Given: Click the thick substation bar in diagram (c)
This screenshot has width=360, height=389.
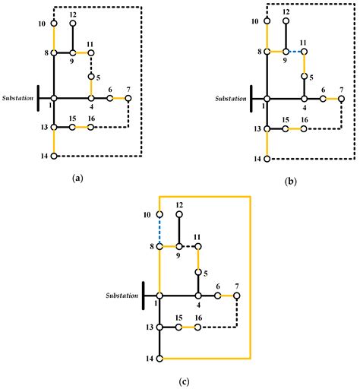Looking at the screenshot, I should [144, 295].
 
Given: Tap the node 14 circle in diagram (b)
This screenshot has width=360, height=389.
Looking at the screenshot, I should [267, 158].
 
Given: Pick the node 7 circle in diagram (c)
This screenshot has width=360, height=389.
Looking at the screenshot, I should [236, 296].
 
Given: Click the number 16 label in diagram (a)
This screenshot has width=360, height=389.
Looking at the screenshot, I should [90, 119].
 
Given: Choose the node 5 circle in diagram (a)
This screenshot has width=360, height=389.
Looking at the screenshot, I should [91, 76].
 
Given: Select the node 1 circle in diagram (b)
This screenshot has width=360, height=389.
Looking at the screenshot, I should [267, 98].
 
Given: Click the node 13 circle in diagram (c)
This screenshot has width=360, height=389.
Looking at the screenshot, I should [159, 327].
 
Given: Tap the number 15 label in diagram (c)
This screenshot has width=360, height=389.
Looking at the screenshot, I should [178, 318].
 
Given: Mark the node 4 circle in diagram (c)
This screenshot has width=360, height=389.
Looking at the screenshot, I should [197, 296].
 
